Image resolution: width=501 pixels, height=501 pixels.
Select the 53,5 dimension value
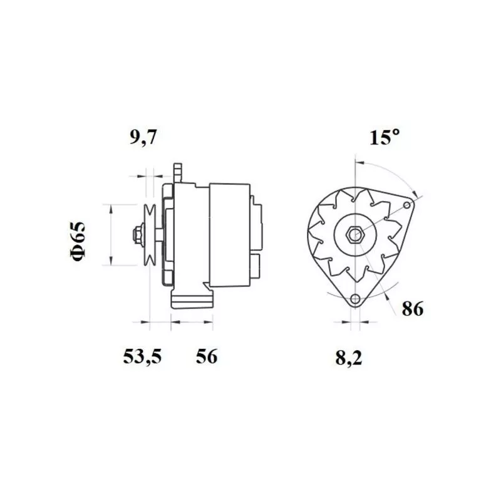142,357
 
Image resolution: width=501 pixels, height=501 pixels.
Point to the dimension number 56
206,357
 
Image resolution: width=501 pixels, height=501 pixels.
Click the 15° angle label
384,138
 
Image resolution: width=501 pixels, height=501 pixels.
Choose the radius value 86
412,308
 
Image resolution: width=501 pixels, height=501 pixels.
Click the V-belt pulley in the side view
150,235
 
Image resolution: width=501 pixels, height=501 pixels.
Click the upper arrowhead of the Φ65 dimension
111,207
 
